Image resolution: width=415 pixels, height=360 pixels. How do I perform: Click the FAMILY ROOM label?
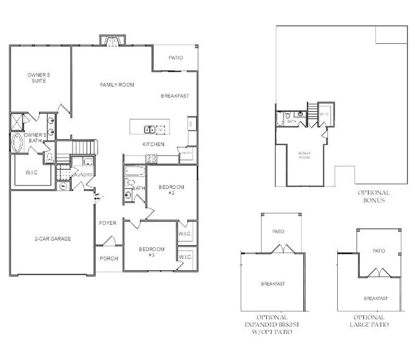[x=117, y=85]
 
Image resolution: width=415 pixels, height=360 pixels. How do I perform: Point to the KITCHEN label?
[x=153, y=144]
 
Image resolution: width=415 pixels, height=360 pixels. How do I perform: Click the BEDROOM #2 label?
[x=171, y=190]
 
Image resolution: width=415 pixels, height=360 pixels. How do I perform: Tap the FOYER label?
[x=107, y=223]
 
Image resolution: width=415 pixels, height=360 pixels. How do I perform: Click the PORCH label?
[x=109, y=258]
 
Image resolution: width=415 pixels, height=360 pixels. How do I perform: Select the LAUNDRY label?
[x=84, y=175]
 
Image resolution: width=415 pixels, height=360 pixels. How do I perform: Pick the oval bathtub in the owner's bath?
[x=17, y=143]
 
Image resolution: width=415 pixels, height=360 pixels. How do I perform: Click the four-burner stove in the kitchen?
[x=151, y=159]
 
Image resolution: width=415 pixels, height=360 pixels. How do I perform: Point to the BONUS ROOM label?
[x=304, y=155]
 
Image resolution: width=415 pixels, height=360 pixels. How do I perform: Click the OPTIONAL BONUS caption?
[x=374, y=196]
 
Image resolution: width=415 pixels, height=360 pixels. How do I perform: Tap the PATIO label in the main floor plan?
[x=175, y=58]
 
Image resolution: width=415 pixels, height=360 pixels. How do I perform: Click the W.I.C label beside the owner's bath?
[x=31, y=172]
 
